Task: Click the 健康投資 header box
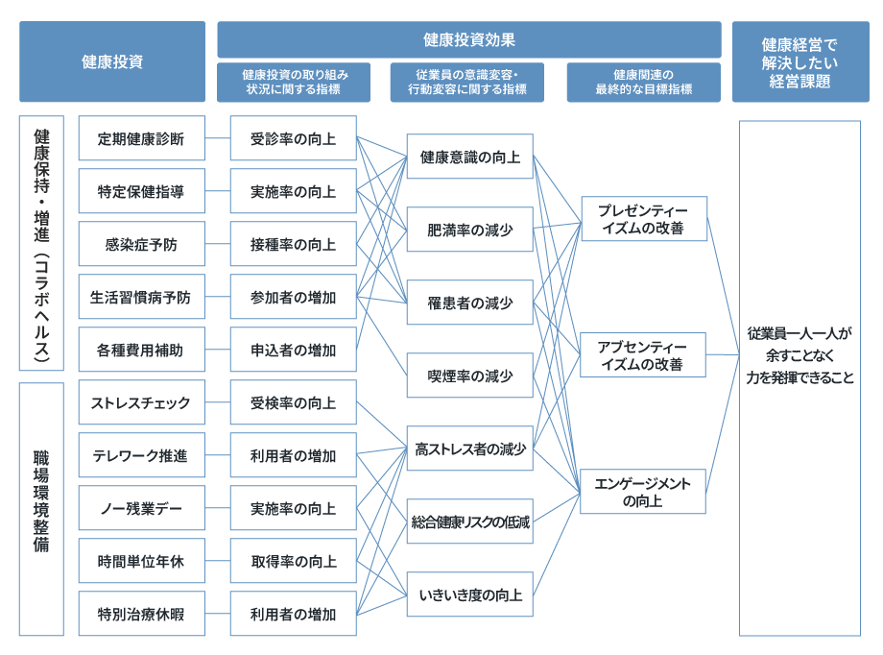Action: [x=112, y=61]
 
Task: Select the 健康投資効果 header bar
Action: [x=469, y=39]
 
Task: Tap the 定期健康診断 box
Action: [x=142, y=138]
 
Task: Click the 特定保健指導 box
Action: [x=142, y=191]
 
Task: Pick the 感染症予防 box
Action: [x=142, y=244]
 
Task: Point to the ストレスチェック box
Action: [x=142, y=402]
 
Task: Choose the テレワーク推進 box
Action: [x=142, y=455]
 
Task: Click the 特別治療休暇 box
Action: [x=142, y=614]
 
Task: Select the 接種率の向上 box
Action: [x=294, y=244]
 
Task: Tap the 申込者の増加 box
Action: [x=294, y=350]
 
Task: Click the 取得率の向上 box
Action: [x=294, y=561]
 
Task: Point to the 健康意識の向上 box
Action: [x=470, y=157]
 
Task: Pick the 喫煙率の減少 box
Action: [x=470, y=376]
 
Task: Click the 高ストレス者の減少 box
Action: [x=470, y=449]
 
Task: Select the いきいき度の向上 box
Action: [x=470, y=594]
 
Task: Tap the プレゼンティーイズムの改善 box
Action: [x=644, y=219]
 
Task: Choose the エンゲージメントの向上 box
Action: [x=643, y=492]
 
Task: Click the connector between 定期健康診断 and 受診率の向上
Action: [x=218, y=138]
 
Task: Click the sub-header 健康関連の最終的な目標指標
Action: [x=644, y=83]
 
